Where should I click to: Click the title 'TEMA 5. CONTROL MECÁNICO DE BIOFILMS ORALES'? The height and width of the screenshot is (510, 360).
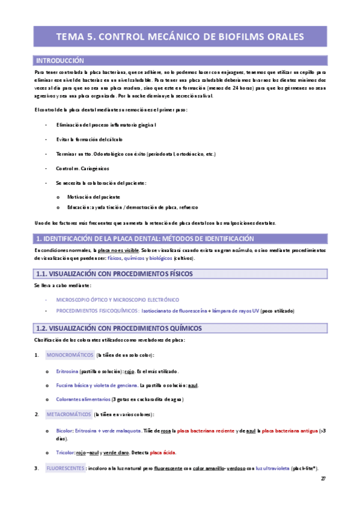tap(180, 37)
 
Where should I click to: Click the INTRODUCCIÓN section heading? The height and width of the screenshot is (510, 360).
tap(60, 61)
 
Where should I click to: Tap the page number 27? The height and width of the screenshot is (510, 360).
tap(323, 479)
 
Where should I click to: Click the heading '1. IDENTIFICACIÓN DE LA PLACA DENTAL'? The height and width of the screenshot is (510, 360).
tap(136, 238)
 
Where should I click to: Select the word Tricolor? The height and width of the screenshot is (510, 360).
tap(67, 452)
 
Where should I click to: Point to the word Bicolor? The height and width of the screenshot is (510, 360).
tap(66, 431)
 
